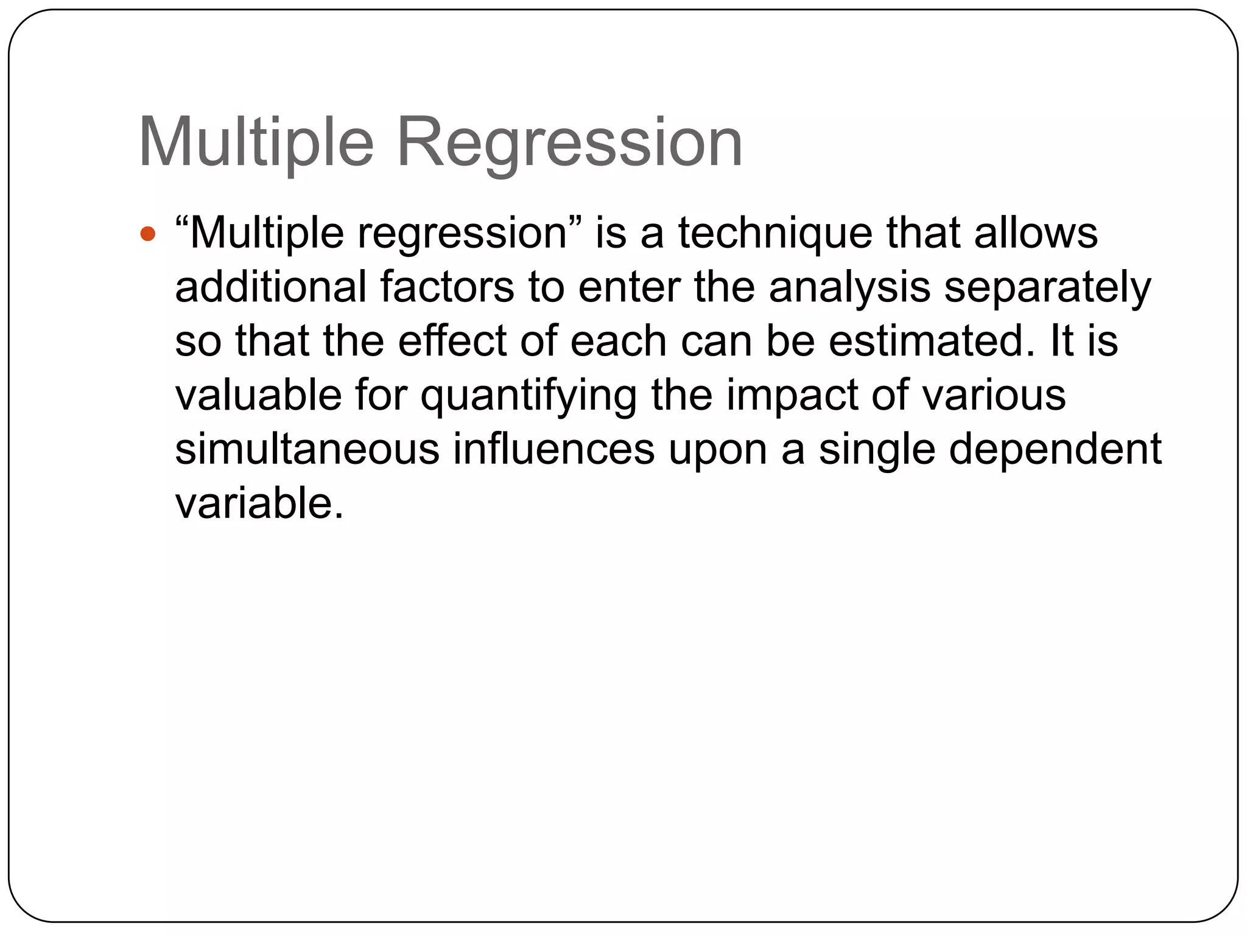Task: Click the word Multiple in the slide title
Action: coord(256,143)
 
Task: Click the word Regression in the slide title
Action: coord(569,143)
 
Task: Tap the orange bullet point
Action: coord(148,234)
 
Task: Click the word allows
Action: coord(1036,233)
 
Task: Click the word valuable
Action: coord(258,395)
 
